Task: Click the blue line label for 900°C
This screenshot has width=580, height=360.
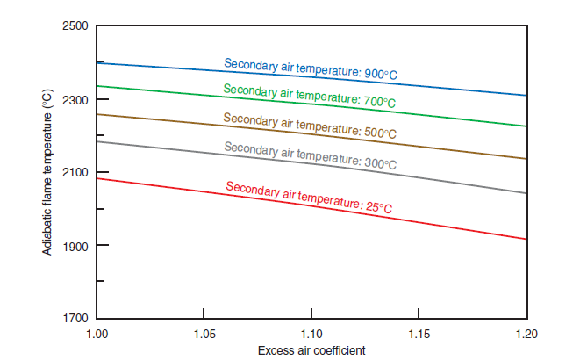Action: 310,69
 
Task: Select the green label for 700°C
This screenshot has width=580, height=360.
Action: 309,97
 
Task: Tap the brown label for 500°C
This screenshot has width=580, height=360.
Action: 309,126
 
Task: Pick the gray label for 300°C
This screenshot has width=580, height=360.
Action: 310,155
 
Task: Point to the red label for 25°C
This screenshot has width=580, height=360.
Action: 309,198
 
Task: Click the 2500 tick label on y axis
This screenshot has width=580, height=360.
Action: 75,26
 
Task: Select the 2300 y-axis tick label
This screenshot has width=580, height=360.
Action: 75,99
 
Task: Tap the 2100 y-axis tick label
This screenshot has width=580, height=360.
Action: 75,172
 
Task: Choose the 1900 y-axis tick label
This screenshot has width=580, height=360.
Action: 75,245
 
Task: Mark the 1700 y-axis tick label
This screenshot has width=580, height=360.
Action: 75,318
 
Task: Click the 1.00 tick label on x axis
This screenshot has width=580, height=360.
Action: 97,335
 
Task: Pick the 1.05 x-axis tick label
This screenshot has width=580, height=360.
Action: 204,335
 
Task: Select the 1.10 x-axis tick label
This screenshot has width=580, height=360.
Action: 311,335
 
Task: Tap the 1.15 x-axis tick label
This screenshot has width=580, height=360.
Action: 419,335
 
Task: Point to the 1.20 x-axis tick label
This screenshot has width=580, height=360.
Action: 526,335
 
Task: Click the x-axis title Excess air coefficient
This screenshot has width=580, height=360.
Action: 311,350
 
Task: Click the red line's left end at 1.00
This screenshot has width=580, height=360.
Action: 97,178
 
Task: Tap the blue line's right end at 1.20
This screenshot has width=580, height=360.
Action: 526,95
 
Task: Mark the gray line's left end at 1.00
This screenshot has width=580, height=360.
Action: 97,141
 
